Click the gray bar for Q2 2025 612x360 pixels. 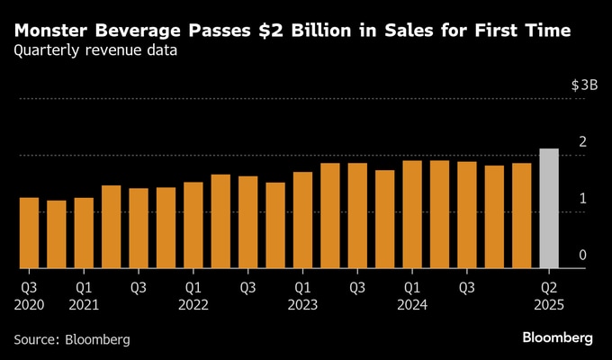click(549, 209)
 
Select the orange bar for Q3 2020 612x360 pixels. click(29, 233)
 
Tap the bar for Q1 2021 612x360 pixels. click(84, 233)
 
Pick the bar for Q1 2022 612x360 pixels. click(193, 225)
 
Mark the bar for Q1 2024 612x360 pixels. click(412, 214)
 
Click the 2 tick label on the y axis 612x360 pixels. click(583, 142)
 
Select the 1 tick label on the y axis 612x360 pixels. click(583, 199)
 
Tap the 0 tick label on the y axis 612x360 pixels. click(583, 256)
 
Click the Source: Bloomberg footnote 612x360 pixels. click(72, 339)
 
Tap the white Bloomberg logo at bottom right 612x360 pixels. click(557, 337)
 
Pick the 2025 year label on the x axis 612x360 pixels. click(549, 304)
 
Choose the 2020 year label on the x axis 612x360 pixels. click(29, 304)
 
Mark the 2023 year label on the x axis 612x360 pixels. click(302, 304)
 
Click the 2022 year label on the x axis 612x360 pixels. click(193, 304)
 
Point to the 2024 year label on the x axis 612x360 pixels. click(412, 304)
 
